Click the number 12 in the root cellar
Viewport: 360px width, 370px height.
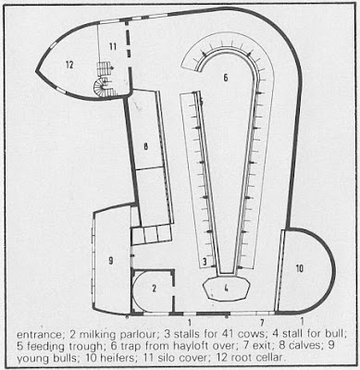pyautogui.click(x=69, y=65)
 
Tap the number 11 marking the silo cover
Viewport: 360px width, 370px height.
pyautogui.click(x=113, y=47)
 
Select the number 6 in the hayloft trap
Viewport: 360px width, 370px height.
pyautogui.click(x=226, y=78)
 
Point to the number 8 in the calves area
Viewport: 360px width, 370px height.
pyautogui.click(x=145, y=147)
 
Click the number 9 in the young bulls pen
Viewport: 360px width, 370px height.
pyautogui.click(x=111, y=261)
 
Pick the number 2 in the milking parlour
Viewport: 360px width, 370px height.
pyautogui.click(x=155, y=289)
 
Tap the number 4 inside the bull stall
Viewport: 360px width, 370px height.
pyautogui.click(x=226, y=289)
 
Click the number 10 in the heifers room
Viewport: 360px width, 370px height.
pyautogui.click(x=300, y=268)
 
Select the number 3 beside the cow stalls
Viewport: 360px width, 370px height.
pyautogui.click(x=205, y=263)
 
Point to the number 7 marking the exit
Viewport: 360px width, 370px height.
pyautogui.click(x=262, y=323)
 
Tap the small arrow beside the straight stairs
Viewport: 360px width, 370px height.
pyautogui.click(x=111, y=67)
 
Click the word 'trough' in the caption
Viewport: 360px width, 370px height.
pyautogui.click(x=84, y=347)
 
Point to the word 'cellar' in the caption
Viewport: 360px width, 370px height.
pyautogui.click(x=269, y=358)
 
